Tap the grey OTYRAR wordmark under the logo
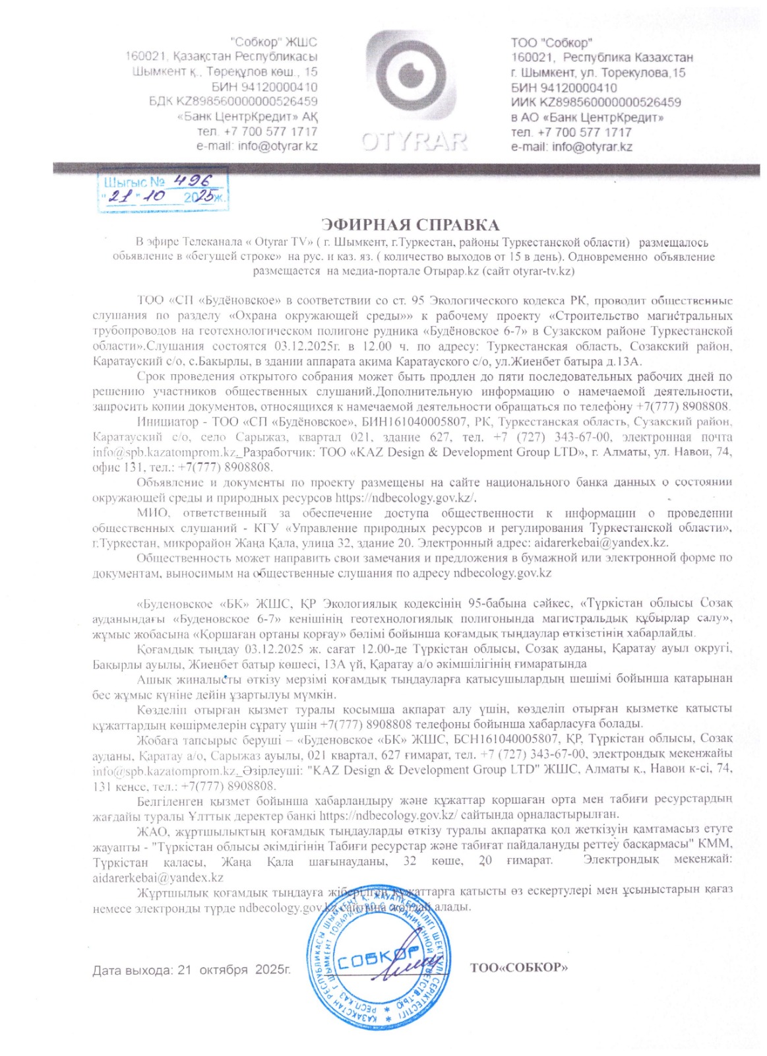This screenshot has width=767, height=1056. (414, 141)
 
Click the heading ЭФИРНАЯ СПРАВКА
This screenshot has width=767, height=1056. (410, 225)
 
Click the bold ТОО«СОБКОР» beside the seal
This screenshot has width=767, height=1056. (518, 968)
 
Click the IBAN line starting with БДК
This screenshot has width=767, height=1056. (233, 102)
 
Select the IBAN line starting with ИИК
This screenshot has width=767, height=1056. (596, 102)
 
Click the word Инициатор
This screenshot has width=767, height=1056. (168, 422)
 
